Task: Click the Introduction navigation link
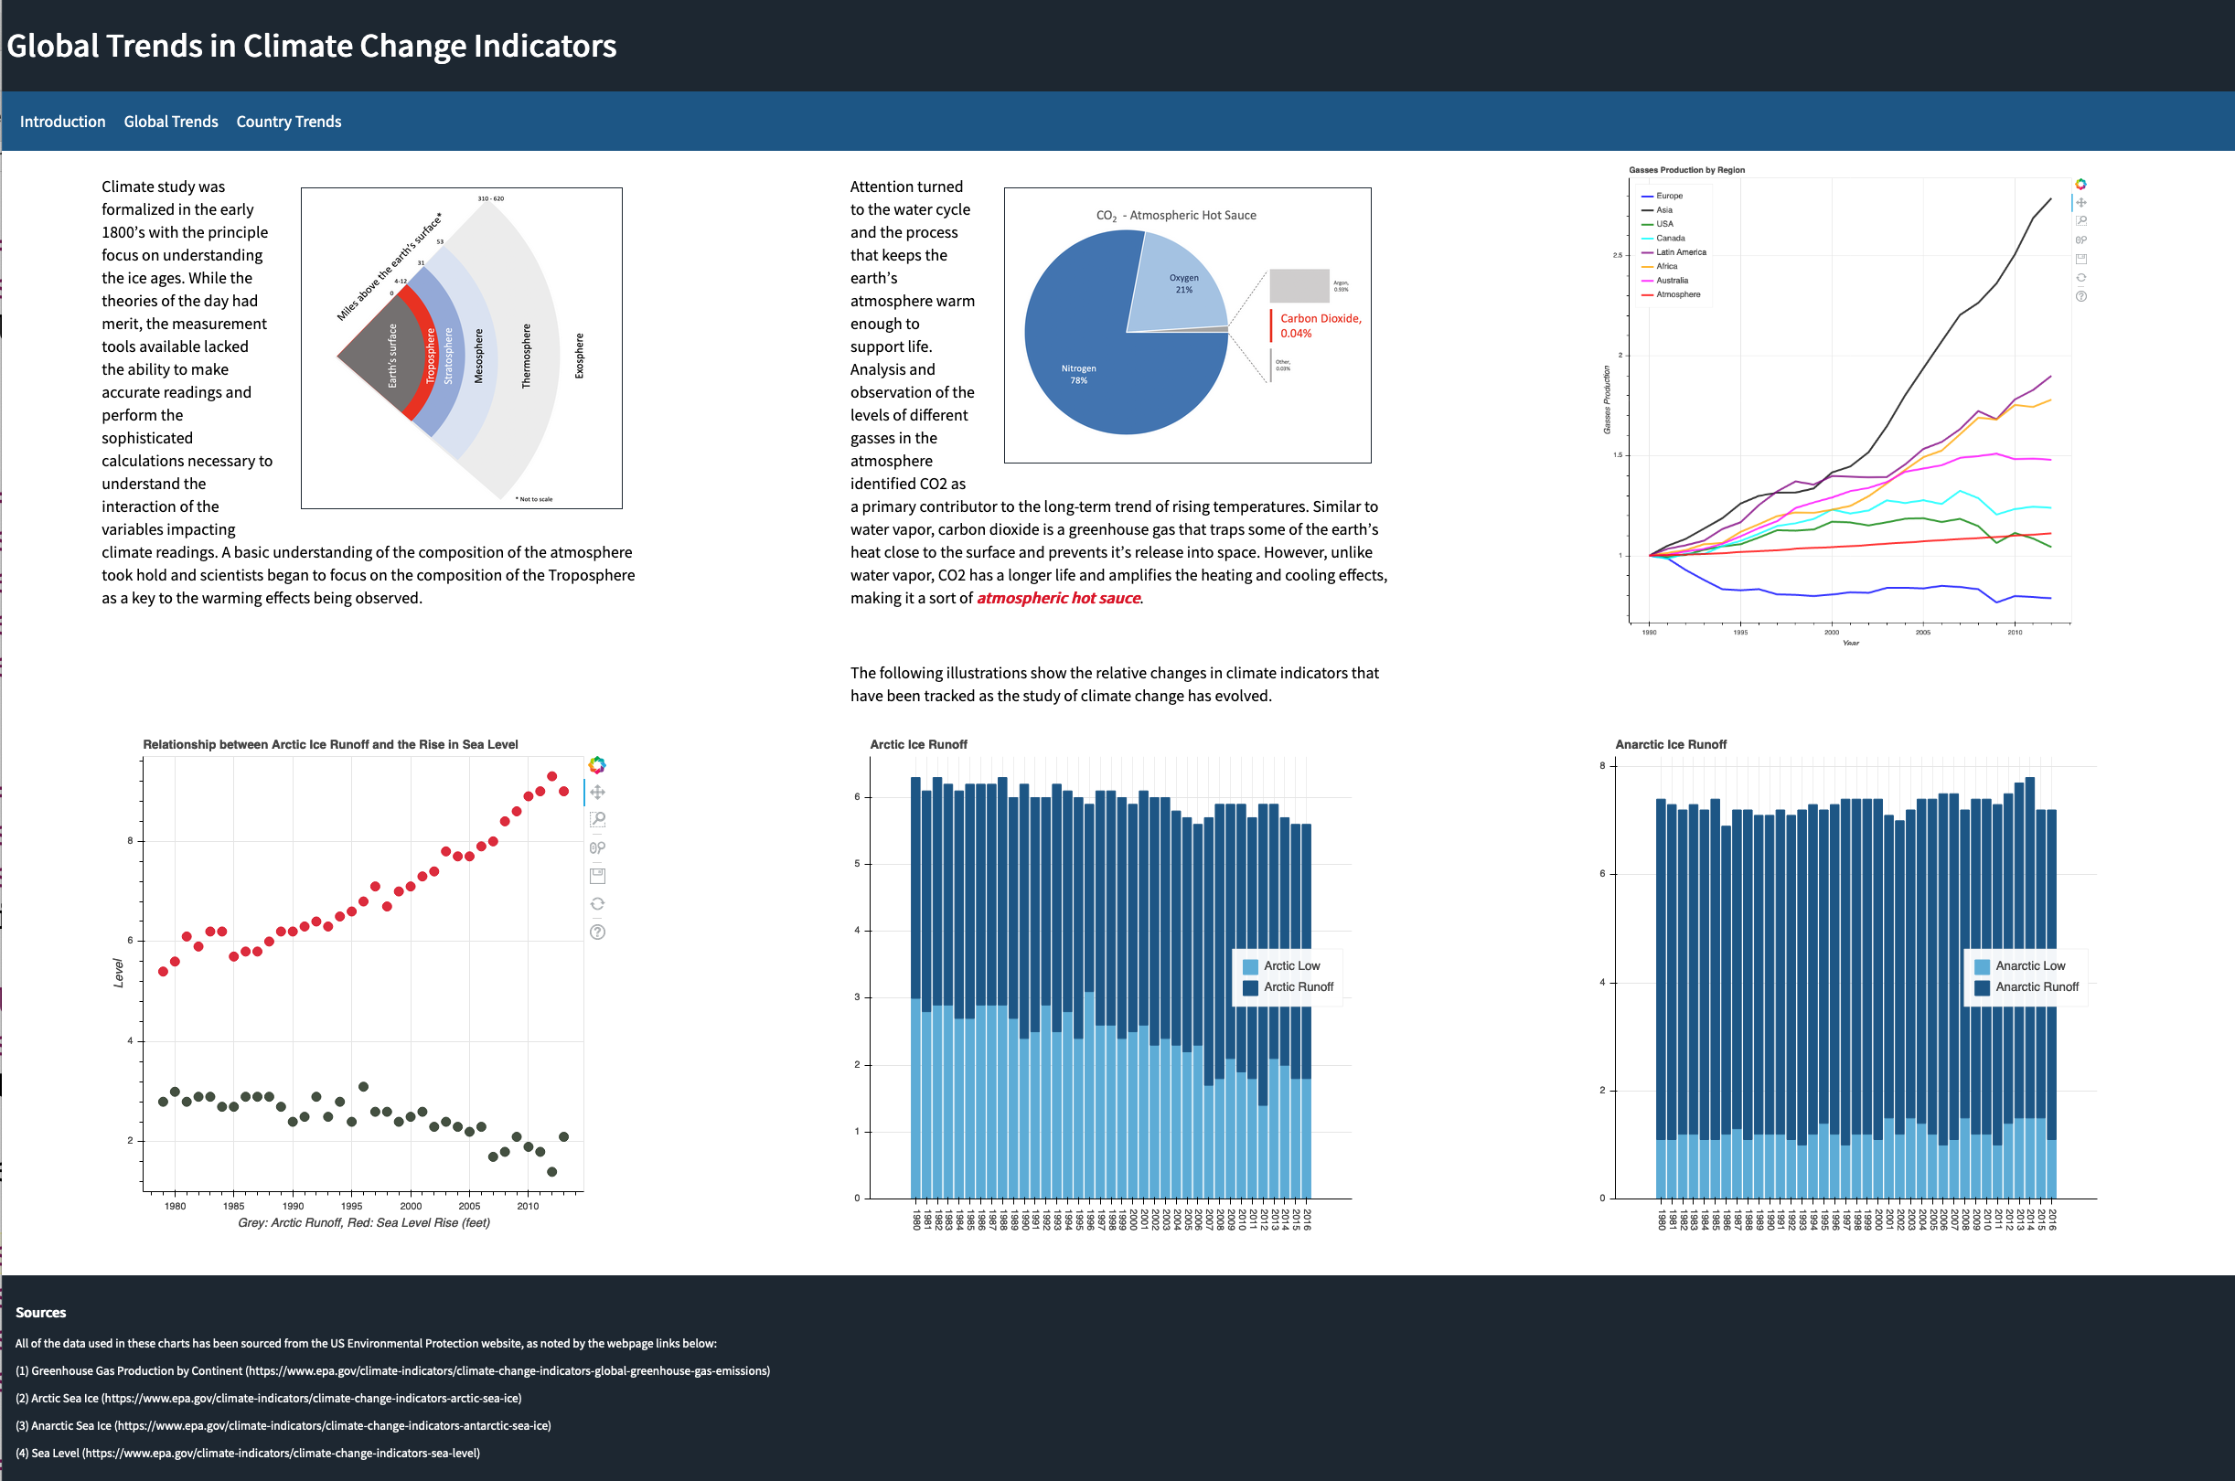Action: (x=62, y=122)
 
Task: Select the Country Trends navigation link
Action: (x=288, y=122)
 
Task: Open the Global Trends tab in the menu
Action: (x=171, y=122)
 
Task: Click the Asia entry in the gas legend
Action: (x=1663, y=209)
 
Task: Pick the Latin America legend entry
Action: (x=1681, y=252)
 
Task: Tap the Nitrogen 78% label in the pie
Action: (x=1079, y=374)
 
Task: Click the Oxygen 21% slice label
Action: (x=1183, y=283)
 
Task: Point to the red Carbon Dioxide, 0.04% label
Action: (x=1320, y=325)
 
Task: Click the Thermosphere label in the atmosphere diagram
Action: (x=526, y=357)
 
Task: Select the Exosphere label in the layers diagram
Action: (x=579, y=357)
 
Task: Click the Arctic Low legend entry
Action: (x=1290, y=965)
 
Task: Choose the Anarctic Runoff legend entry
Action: (x=2036, y=987)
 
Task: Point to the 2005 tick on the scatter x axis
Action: (x=469, y=1206)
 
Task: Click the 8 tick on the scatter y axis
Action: (x=131, y=841)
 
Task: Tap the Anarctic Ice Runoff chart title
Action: (x=1670, y=744)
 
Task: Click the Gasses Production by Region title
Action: (x=1686, y=170)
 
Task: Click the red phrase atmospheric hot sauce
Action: (x=1058, y=598)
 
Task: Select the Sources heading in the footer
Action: (x=40, y=1313)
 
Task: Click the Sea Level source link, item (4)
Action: (x=248, y=1453)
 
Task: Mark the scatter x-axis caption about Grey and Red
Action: (x=364, y=1222)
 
